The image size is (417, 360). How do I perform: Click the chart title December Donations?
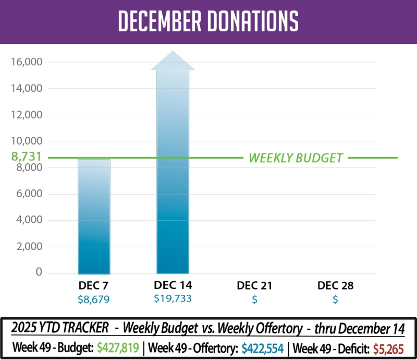click(208, 21)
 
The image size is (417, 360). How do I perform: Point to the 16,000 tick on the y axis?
click(26, 62)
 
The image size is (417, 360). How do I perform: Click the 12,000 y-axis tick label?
click(26, 115)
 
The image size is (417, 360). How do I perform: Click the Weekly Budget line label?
click(296, 158)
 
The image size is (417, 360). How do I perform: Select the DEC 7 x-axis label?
click(93, 285)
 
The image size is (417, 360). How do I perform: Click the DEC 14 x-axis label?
click(173, 285)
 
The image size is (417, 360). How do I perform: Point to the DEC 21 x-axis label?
click(254, 285)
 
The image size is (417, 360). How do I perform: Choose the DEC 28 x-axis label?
click(335, 285)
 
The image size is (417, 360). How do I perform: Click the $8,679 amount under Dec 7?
click(93, 299)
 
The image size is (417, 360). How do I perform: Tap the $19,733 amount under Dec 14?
click(173, 299)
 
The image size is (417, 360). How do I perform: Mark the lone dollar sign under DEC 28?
click(335, 299)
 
